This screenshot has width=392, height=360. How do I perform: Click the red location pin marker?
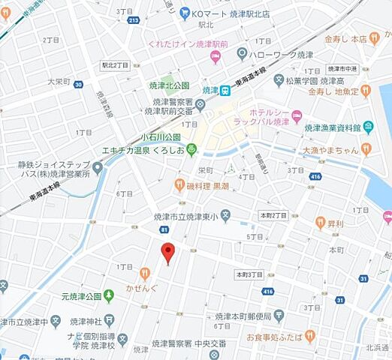coord(168,253)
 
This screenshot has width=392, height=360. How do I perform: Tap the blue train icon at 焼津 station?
coord(225,90)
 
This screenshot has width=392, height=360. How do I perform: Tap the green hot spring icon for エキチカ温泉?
coord(191,149)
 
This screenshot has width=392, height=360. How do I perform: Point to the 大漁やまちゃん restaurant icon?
coord(366,149)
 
